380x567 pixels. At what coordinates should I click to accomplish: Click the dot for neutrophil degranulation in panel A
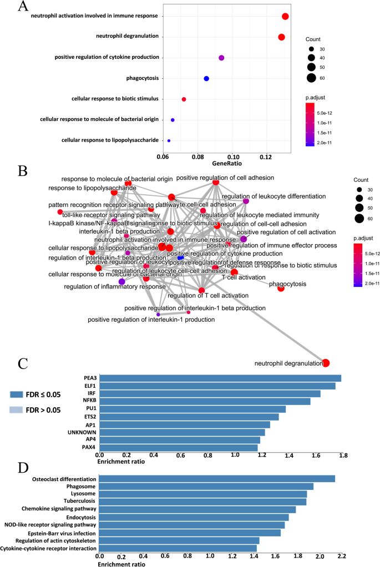(x=281, y=37)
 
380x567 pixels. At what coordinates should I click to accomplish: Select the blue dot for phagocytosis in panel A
(x=206, y=79)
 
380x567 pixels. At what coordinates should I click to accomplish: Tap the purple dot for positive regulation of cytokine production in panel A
(x=221, y=58)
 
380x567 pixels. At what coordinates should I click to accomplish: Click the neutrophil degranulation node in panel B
(x=326, y=363)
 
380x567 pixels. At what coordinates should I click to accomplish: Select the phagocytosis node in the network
(x=281, y=288)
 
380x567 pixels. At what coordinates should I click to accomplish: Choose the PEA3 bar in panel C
(x=220, y=378)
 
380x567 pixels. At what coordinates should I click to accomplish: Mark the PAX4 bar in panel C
(x=178, y=447)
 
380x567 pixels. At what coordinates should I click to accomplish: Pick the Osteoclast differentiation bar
(x=217, y=479)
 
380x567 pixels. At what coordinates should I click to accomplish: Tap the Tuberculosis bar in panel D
(x=202, y=502)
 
